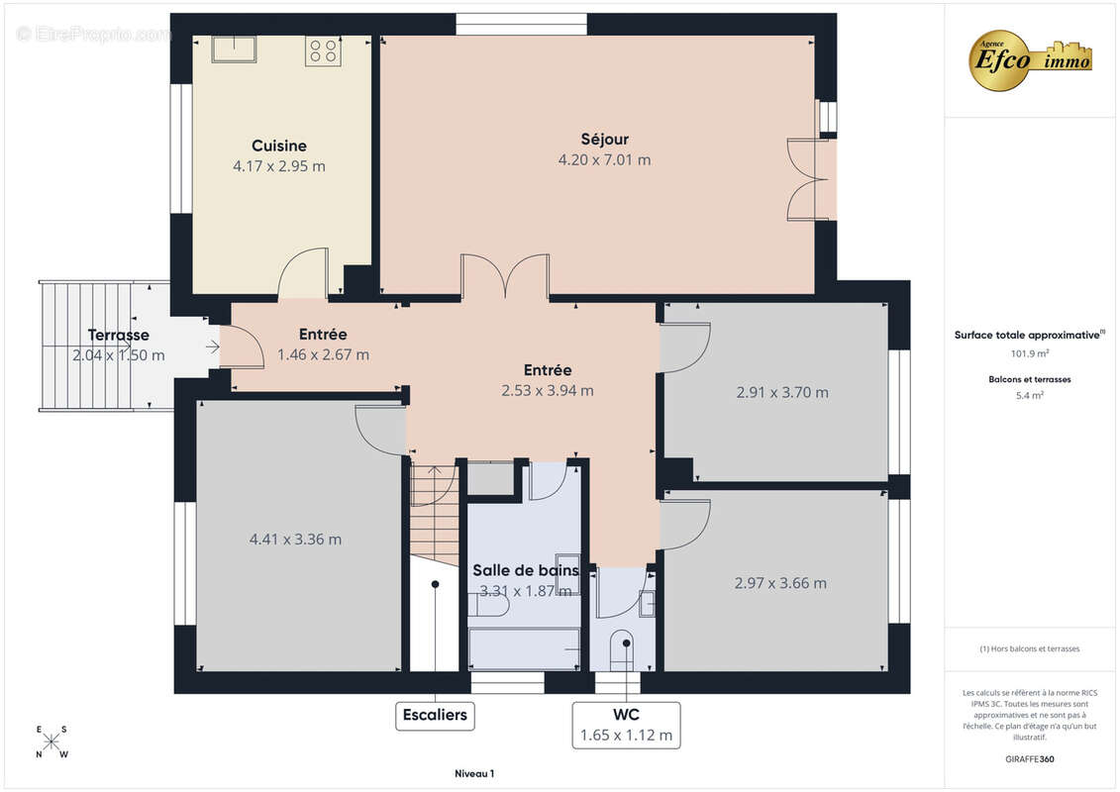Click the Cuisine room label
click(278, 146)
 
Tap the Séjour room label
click(604, 140)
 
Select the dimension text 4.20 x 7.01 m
click(604, 160)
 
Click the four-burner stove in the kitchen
click(322, 50)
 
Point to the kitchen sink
click(234, 49)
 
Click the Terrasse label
click(119, 335)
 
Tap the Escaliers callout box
click(435, 715)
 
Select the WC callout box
click(626, 725)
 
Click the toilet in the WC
click(622, 650)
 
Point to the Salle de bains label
click(526, 570)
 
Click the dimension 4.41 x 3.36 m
click(295, 540)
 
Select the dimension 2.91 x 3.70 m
click(782, 393)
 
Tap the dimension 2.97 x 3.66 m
click(780, 583)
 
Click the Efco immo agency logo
click(1030, 60)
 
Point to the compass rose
click(51, 742)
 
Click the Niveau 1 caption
click(474, 773)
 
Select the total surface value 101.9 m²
click(1029, 353)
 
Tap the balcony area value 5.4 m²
click(1029, 396)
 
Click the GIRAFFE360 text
click(1029, 759)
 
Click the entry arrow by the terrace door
click(212, 347)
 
